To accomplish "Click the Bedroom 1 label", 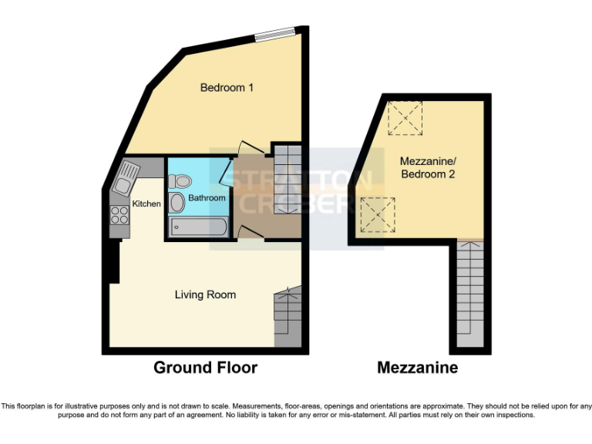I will click(227, 88).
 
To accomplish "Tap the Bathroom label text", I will click(207, 198).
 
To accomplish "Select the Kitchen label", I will click(146, 204).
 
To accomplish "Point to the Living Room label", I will click(205, 294).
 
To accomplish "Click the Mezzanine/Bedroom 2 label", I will click(428, 168).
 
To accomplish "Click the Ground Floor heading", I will click(205, 368).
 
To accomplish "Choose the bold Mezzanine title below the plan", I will click(417, 368).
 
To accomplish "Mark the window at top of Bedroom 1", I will click(275, 32).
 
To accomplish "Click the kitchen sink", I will click(126, 178).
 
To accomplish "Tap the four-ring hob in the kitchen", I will click(119, 215).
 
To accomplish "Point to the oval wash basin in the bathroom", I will click(177, 203).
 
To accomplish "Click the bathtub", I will click(198, 227).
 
